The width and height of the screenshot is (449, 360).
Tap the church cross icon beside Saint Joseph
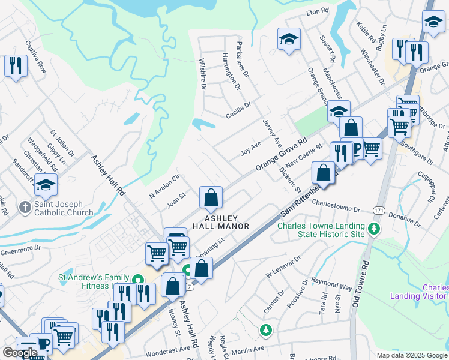click(25, 207)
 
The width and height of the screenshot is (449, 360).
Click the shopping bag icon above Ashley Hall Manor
click(211, 197)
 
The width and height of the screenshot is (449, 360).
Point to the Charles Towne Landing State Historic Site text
click(321, 230)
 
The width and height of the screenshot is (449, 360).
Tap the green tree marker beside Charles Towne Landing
click(373, 229)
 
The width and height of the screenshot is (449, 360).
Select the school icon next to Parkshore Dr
click(289, 40)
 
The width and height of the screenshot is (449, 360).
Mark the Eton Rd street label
click(318, 11)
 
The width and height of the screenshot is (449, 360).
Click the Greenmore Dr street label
click(20, 247)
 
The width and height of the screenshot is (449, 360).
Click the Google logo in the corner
click(20, 353)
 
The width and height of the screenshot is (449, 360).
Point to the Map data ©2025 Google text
click(412, 355)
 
